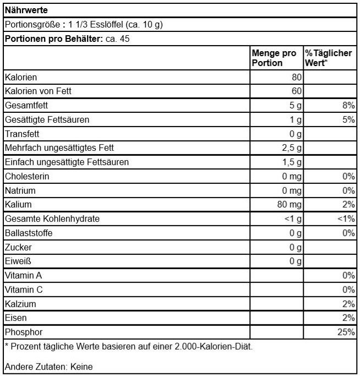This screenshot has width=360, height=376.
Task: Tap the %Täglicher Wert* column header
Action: click(329, 58)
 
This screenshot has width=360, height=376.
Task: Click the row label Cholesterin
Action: click(27, 177)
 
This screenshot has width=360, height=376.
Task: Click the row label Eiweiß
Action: click(18, 261)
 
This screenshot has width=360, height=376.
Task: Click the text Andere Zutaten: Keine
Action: click(48, 367)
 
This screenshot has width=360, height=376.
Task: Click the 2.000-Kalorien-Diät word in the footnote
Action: click(210, 347)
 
